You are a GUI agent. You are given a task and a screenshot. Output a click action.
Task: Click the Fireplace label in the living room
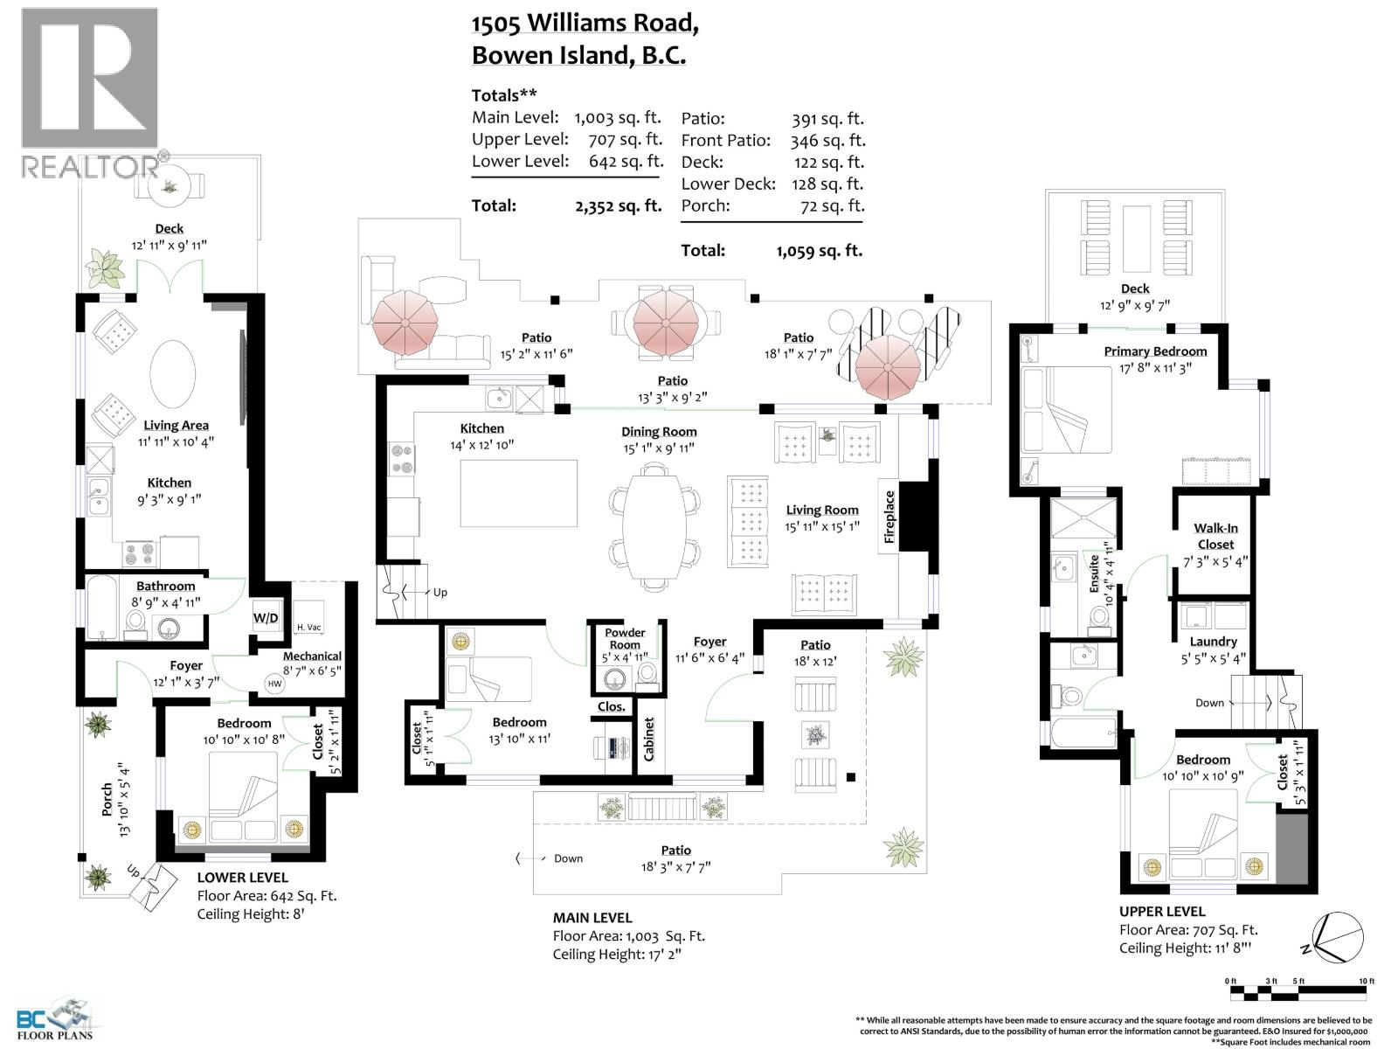(x=889, y=518)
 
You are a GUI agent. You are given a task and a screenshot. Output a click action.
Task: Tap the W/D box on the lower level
(x=266, y=618)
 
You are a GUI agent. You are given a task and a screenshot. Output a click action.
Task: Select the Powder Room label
(x=625, y=638)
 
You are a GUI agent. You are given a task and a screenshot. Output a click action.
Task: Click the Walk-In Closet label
(x=1215, y=536)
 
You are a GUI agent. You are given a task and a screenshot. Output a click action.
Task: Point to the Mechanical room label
(x=312, y=656)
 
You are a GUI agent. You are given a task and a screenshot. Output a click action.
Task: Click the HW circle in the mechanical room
(x=275, y=684)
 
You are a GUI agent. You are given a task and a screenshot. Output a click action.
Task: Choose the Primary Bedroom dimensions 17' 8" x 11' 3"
(x=1155, y=367)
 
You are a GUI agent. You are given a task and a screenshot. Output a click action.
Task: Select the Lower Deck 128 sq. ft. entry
(x=772, y=184)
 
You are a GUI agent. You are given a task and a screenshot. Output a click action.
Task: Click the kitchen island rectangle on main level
(x=519, y=493)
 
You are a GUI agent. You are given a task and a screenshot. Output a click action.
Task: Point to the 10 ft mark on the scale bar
(x=1366, y=982)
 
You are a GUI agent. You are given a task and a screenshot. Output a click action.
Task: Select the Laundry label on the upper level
(x=1214, y=641)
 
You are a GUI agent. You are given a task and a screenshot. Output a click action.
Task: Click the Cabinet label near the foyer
(x=648, y=740)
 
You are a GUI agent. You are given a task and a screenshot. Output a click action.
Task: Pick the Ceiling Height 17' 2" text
(x=617, y=954)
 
